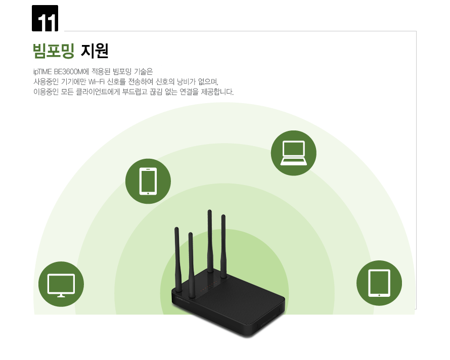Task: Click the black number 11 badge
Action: pos(45,18)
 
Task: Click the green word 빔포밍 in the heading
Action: pos(54,51)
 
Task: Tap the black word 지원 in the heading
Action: pos(95,51)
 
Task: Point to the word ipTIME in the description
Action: pos(42,72)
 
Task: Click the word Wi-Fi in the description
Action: pos(96,82)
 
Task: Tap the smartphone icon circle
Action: pos(148,181)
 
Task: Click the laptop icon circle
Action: pos(294,153)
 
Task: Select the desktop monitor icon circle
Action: pos(61,284)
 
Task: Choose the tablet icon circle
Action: pos(379,283)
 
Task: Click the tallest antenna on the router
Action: pos(210,241)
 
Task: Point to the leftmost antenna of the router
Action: pos(178,260)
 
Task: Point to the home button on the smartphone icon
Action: pos(148,193)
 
